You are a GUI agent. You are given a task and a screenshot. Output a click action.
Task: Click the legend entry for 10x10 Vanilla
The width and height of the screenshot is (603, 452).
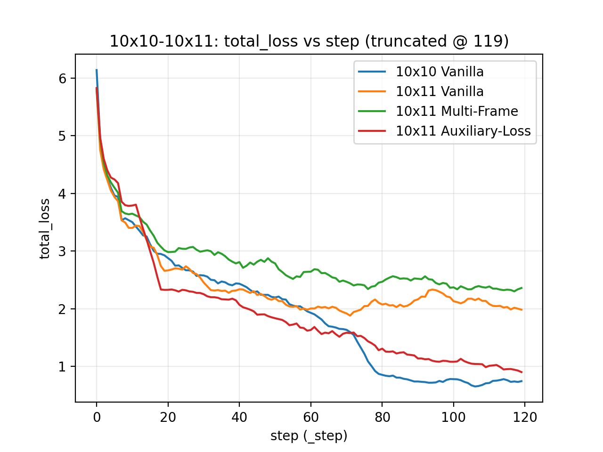point(439,72)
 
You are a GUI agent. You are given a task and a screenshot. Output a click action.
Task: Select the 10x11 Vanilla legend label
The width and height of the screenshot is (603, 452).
point(439,91)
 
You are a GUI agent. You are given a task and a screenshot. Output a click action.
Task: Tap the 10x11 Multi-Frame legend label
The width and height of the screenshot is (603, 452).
point(456,111)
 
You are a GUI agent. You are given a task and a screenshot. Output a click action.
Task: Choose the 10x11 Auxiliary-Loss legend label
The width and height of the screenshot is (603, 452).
point(463,131)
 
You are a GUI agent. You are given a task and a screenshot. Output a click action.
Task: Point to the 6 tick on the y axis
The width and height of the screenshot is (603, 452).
point(62,79)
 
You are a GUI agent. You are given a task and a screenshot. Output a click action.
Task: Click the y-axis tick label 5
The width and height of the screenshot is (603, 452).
point(62,136)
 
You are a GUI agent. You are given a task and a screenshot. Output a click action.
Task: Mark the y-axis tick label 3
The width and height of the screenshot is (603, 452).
point(62,251)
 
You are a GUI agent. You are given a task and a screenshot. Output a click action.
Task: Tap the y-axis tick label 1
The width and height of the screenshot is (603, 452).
point(62,367)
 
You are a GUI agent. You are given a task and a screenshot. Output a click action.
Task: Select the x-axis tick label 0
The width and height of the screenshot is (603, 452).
point(97,418)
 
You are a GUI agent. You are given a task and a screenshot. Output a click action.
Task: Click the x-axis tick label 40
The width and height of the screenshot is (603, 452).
point(239,418)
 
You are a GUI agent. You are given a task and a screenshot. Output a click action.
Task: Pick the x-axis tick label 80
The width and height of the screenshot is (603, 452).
point(382,418)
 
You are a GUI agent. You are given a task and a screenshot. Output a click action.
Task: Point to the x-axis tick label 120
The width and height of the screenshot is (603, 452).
point(525,418)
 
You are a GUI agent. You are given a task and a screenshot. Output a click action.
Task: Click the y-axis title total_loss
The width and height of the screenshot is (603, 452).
point(44,229)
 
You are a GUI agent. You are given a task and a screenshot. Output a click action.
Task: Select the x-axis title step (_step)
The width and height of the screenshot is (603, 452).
point(309,436)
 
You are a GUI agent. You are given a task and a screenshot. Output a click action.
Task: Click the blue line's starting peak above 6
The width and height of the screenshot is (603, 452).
point(97,70)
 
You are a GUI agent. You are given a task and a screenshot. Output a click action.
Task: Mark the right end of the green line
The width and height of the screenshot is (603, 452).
point(522,288)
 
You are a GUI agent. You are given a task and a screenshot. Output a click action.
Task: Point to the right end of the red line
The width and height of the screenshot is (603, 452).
point(522,372)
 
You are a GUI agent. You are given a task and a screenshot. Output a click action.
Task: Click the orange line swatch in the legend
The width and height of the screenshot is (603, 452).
point(372,91)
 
